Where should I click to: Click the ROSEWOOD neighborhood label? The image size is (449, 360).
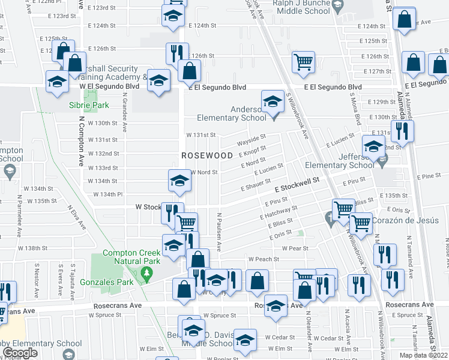pyautogui.click(x=207, y=155)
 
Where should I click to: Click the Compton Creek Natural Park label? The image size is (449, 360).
pyautogui.click(x=131, y=257)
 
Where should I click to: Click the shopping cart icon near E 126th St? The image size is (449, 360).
pyautogui.click(x=304, y=62)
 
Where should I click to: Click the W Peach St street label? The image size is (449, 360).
pyautogui.click(x=264, y=259)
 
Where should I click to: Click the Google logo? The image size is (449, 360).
pyautogui.click(x=20, y=353)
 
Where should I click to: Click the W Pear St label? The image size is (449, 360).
pyautogui.click(x=295, y=248)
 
